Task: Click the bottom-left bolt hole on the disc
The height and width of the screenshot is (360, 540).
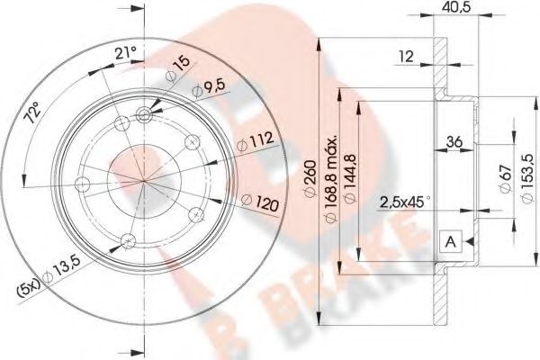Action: click(127, 240)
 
